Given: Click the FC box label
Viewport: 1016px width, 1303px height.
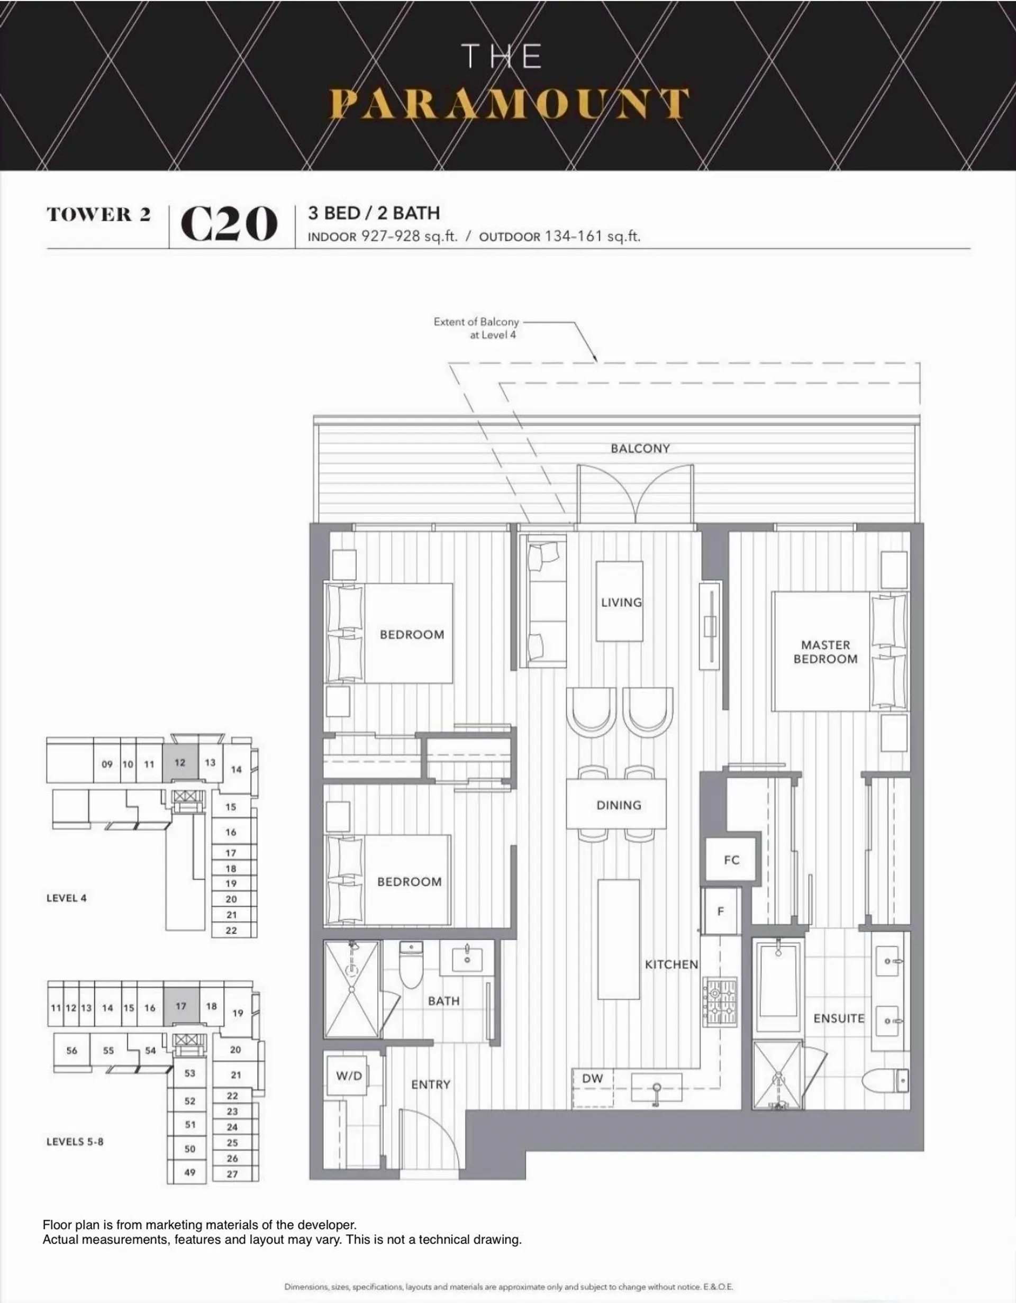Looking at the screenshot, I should pyautogui.click(x=731, y=860).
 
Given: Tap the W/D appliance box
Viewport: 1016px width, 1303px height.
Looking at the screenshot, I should pyautogui.click(x=349, y=1076).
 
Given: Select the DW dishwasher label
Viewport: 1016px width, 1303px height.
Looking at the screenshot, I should pyautogui.click(x=593, y=1078).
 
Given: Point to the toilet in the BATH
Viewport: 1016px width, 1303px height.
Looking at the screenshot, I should pyautogui.click(x=411, y=963).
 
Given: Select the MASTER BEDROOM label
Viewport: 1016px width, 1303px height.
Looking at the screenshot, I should pyautogui.click(x=825, y=652).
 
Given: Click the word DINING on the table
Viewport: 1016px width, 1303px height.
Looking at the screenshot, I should pyautogui.click(x=619, y=805).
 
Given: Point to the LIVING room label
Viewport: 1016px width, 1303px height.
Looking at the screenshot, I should pyautogui.click(x=621, y=603).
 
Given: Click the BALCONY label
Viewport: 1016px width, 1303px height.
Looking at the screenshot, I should pyautogui.click(x=640, y=449).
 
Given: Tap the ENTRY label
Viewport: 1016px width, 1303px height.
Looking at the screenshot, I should pyautogui.click(x=430, y=1085).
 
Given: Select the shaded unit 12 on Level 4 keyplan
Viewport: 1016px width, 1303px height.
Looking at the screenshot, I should pyautogui.click(x=180, y=763).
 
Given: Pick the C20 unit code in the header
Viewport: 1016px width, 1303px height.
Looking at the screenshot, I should pyautogui.click(x=229, y=224).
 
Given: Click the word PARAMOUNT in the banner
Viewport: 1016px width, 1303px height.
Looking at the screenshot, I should pyautogui.click(x=510, y=104).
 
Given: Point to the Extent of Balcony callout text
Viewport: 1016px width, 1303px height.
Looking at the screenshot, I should pyautogui.click(x=476, y=328).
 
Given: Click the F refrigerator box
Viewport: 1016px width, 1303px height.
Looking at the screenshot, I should pyautogui.click(x=721, y=912).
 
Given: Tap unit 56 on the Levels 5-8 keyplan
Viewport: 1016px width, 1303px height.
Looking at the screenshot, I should pyautogui.click(x=71, y=1051).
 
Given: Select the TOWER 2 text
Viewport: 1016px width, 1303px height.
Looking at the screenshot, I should pyautogui.click(x=99, y=215).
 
